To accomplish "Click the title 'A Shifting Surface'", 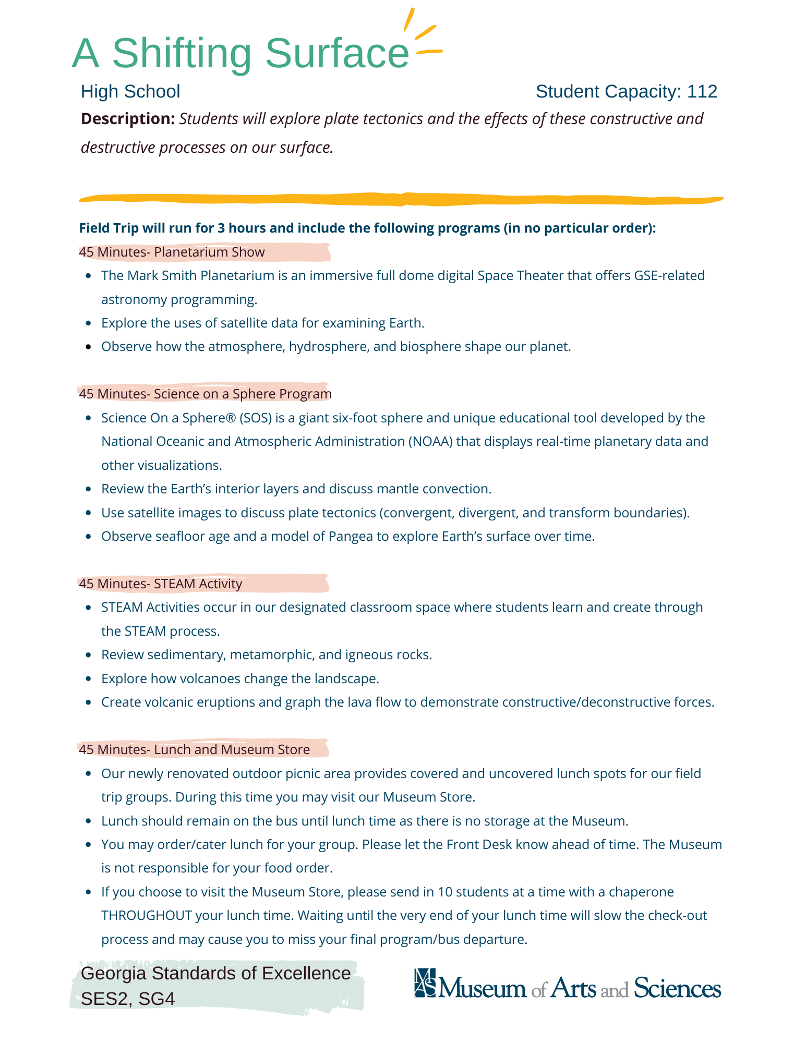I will click(240, 53).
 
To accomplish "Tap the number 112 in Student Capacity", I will click(702, 92).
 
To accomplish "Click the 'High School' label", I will click(130, 92).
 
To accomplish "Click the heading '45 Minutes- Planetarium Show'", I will click(172, 252).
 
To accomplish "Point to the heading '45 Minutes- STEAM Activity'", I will click(161, 584).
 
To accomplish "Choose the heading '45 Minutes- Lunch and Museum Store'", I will click(195, 749).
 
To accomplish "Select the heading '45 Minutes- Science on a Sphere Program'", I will click(205, 394).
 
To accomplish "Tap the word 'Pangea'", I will click(350, 537).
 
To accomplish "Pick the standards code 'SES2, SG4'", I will click(128, 999).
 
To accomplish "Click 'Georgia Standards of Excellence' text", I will click(216, 974).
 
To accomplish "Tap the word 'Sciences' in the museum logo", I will click(677, 988).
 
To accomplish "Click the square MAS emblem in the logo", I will click(425, 983).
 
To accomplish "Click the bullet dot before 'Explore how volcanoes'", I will click(89, 679).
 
